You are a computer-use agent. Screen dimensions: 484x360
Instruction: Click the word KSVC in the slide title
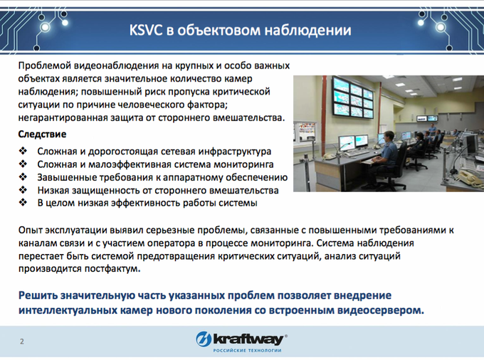point(146,30)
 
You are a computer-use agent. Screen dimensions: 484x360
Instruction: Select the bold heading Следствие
point(42,134)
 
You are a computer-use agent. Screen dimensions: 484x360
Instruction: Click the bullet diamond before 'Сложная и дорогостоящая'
point(23,151)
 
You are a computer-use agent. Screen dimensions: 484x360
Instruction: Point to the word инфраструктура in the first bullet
point(235,152)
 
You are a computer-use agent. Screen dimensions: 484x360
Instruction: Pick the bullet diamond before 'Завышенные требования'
point(23,176)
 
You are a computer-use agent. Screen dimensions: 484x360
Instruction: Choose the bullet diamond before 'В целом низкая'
point(23,202)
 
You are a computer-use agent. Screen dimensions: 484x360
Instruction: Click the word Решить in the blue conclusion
point(38,295)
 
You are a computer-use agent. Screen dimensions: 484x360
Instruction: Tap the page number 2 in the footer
point(22,342)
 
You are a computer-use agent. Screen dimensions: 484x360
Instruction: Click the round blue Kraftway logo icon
point(204,339)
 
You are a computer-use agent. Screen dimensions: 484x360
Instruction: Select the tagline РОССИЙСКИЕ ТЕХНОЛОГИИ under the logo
point(247,351)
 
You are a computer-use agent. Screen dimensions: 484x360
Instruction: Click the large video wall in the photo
point(352,97)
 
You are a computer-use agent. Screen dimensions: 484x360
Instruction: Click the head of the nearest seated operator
point(389,136)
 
